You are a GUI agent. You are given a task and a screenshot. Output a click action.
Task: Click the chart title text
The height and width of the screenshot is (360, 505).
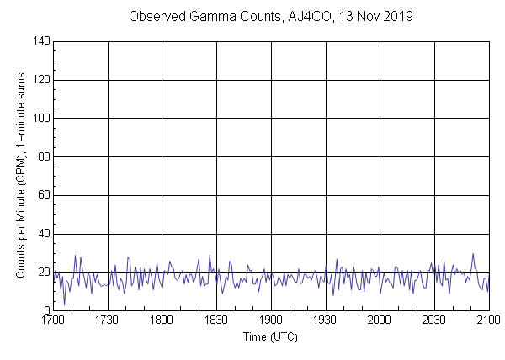coord(269,16)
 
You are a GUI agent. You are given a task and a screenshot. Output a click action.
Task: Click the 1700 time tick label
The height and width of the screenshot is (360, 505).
coord(54,321)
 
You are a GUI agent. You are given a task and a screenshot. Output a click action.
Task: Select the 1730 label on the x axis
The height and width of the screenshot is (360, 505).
coord(108,321)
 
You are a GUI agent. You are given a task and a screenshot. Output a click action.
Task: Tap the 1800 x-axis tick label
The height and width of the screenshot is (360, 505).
coord(162,321)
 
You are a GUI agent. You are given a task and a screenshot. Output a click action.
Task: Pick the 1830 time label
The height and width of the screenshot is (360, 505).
coord(216,321)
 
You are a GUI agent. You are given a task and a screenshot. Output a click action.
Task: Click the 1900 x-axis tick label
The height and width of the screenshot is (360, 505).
coord(271,321)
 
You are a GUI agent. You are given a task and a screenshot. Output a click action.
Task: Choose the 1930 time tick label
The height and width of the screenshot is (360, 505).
coord(325,321)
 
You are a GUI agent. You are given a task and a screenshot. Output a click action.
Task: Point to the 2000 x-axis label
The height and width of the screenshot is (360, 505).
coord(380,321)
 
